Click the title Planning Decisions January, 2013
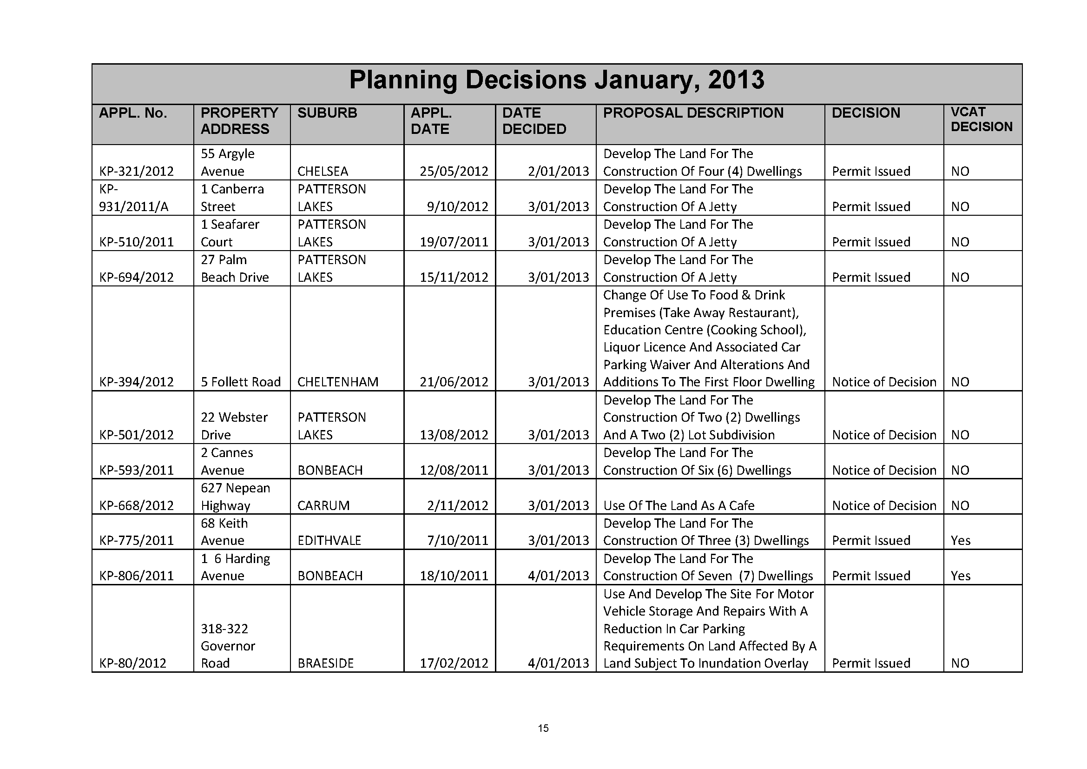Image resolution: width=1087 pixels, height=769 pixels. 556,80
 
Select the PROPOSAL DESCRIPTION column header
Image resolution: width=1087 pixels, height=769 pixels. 693,113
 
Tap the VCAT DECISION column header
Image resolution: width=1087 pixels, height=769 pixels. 982,119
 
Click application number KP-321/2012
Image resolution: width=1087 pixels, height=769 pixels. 136,172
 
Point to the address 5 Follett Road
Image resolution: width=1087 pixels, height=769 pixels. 241,382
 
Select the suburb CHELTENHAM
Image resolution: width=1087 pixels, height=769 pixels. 337,382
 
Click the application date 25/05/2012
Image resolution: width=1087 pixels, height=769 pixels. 454,172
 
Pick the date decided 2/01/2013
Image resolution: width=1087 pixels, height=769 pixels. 558,172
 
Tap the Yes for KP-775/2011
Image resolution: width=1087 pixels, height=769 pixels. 961,541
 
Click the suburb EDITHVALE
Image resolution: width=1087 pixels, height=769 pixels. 329,541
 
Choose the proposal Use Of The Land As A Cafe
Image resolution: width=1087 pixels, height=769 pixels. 679,506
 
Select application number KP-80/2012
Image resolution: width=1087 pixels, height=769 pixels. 132,663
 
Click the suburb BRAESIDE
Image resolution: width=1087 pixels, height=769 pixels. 325,663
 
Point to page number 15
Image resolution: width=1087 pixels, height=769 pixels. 543,728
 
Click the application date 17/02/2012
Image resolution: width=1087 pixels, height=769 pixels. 454,663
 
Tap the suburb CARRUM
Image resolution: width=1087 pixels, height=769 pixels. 323,506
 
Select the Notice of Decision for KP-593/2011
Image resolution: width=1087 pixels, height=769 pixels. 884,471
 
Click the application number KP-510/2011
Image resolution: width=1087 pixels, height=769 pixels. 136,242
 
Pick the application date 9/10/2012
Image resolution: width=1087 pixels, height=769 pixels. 457,207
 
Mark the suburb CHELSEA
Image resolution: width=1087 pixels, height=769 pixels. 323,172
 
